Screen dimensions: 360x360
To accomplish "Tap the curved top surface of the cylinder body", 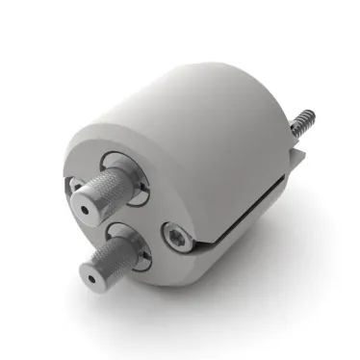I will (x=183, y=96).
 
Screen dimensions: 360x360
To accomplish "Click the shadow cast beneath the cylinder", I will (x=260, y=279).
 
